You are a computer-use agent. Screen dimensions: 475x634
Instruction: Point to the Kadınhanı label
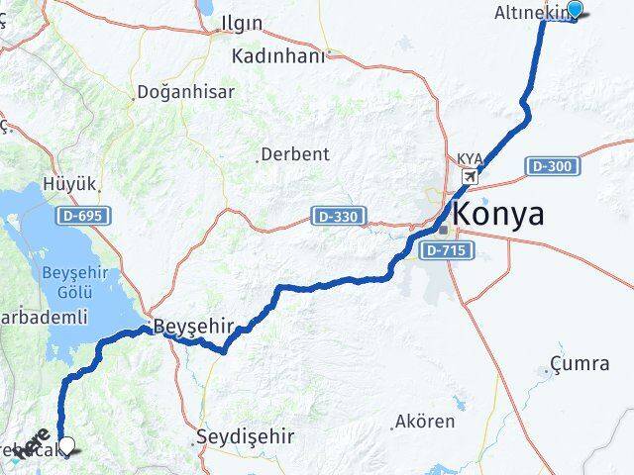click(x=277, y=55)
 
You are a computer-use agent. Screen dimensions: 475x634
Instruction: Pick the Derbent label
click(x=295, y=154)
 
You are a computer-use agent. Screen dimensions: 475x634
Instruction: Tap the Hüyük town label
click(x=70, y=184)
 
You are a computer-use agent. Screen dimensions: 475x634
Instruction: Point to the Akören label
click(x=425, y=422)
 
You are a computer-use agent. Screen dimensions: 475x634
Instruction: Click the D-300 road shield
click(x=549, y=166)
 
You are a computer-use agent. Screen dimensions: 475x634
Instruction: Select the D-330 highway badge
click(x=339, y=215)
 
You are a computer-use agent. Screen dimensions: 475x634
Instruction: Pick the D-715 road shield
click(x=445, y=251)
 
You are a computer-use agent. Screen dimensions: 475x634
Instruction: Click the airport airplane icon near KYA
click(x=469, y=177)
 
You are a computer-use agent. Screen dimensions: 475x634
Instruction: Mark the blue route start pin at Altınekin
click(x=574, y=11)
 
